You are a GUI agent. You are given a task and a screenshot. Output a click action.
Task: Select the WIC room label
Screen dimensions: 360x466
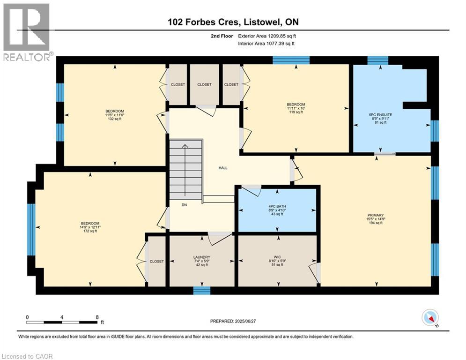click(x=277, y=257)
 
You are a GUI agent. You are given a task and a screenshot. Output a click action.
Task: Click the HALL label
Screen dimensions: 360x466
click(x=223, y=168)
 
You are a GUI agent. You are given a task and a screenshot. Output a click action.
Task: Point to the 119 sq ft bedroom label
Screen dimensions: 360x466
click(x=296, y=112)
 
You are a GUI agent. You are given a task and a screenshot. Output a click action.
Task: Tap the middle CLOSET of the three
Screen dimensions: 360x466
click(x=204, y=85)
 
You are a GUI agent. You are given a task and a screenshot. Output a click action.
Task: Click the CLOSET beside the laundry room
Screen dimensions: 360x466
click(x=156, y=261)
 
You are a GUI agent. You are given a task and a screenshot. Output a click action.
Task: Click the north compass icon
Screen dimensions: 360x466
click(x=429, y=318)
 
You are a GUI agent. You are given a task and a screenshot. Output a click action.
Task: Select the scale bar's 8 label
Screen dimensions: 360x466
click(x=97, y=317)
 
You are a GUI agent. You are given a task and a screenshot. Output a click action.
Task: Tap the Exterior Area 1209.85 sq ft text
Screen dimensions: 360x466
click(x=267, y=36)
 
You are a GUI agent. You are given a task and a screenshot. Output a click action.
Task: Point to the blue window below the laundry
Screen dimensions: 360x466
click(x=202, y=291)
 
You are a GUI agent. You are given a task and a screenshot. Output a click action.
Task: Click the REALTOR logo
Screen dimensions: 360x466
click(x=26, y=31)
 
